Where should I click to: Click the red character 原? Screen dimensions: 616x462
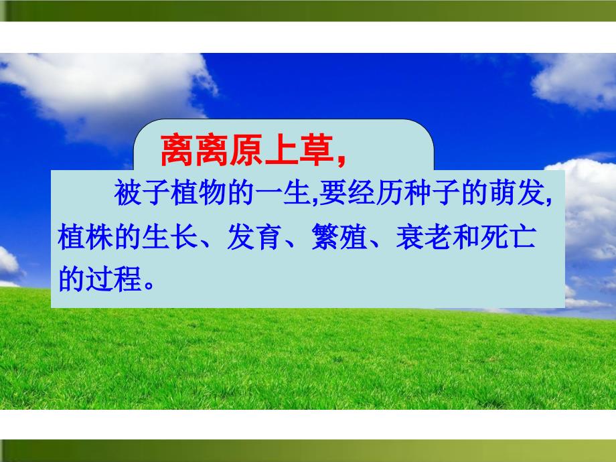tap(246, 150)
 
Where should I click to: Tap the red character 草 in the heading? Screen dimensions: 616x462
tap(316, 150)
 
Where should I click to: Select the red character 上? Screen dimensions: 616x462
tap(281, 150)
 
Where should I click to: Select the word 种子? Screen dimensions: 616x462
tap(432, 193)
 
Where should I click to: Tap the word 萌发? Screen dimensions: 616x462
tap(517, 193)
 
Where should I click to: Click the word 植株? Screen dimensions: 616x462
tap(85, 236)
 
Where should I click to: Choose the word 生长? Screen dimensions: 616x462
tap(169, 236)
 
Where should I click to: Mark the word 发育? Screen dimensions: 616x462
tap(254, 236)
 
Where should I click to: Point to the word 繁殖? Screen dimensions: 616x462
tap(339, 236)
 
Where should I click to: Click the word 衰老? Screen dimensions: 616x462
tap(424, 236)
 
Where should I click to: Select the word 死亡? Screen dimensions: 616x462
tap(508, 236)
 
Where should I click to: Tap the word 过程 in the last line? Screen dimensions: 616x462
tap(114, 279)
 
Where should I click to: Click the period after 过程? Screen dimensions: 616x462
tap(149, 285)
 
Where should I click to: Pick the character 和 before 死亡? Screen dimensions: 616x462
tap(466, 236)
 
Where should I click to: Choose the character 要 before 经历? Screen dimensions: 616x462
tap(333, 193)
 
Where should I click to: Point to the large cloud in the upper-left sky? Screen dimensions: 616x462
tap(106, 90)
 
